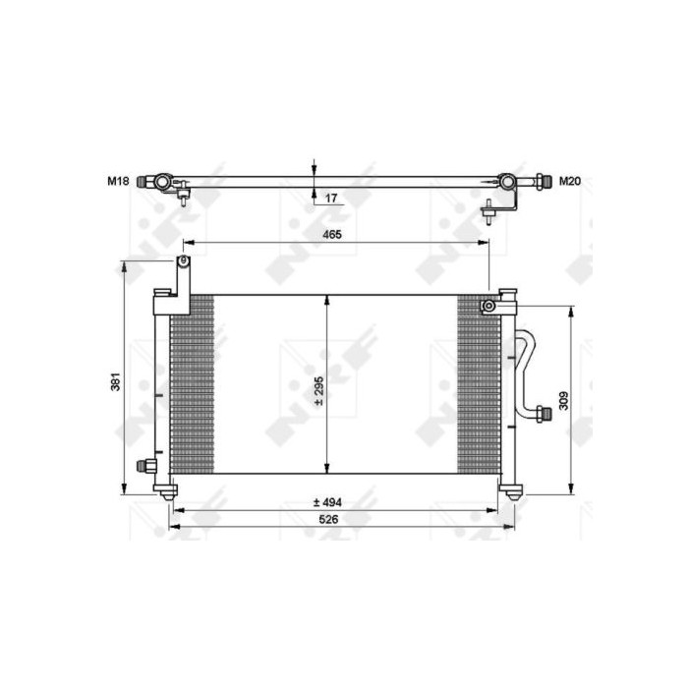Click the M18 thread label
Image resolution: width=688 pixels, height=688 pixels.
[118, 181]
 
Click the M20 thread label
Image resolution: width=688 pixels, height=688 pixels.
[570, 181]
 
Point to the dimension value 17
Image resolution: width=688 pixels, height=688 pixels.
[331, 198]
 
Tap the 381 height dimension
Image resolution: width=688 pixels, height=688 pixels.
[116, 381]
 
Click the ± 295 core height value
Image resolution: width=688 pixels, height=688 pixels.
[317, 390]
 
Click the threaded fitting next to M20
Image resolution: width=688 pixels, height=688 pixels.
[542, 181]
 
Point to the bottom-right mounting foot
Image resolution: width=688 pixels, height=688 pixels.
[509, 488]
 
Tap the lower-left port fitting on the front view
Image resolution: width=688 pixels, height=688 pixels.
[145, 466]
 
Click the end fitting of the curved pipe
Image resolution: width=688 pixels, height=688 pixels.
[543, 413]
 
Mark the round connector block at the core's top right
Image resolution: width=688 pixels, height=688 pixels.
[487, 307]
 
